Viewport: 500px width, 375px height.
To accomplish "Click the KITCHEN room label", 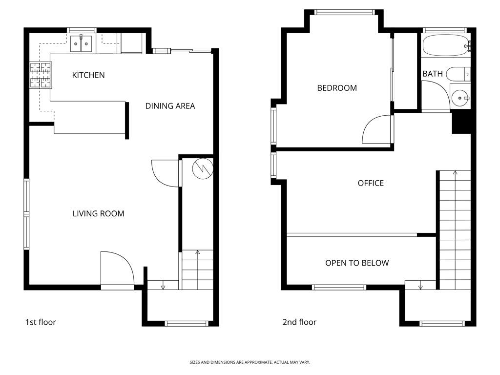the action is [x=88, y=75].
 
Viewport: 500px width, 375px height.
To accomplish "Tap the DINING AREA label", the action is [x=170, y=106].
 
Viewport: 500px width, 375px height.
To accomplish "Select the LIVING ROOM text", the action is [x=98, y=213].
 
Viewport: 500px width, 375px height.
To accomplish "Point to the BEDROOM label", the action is [x=337, y=88].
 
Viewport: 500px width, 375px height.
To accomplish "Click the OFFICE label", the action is [x=371, y=183].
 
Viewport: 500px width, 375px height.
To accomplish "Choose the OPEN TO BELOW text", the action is [x=357, y=263].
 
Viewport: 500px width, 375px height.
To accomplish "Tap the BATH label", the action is [x=433, y=74].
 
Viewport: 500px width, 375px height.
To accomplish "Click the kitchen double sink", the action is [x=81, y=43].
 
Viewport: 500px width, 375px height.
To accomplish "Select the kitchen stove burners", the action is [x=41, y=75].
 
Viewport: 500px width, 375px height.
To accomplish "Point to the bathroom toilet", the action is [x=458, y=74].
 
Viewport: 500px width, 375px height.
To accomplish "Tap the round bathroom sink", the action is [x=460, y=98].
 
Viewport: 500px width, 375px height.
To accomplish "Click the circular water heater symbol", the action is [x=203, y=168].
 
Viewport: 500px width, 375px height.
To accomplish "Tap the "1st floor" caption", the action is [x=41, y=322].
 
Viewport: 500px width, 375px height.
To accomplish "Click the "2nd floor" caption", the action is [x=299, y=322].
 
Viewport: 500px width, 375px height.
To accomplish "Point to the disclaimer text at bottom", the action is [x=250, y=362].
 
